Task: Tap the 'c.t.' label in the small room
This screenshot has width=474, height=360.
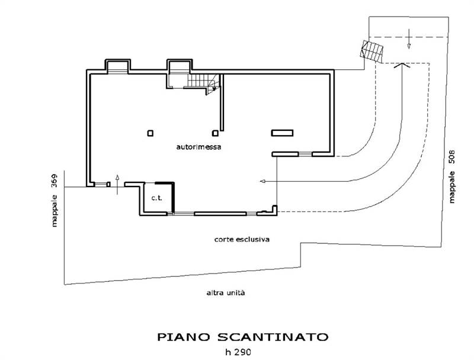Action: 156,198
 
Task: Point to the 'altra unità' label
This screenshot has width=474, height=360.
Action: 225,293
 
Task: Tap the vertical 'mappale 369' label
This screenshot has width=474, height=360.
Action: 54,200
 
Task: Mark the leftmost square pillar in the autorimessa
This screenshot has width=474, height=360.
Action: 150,133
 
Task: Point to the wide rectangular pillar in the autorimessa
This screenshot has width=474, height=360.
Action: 282,133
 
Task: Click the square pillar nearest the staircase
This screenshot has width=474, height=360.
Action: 215,133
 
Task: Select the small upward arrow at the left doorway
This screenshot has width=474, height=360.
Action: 117,180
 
